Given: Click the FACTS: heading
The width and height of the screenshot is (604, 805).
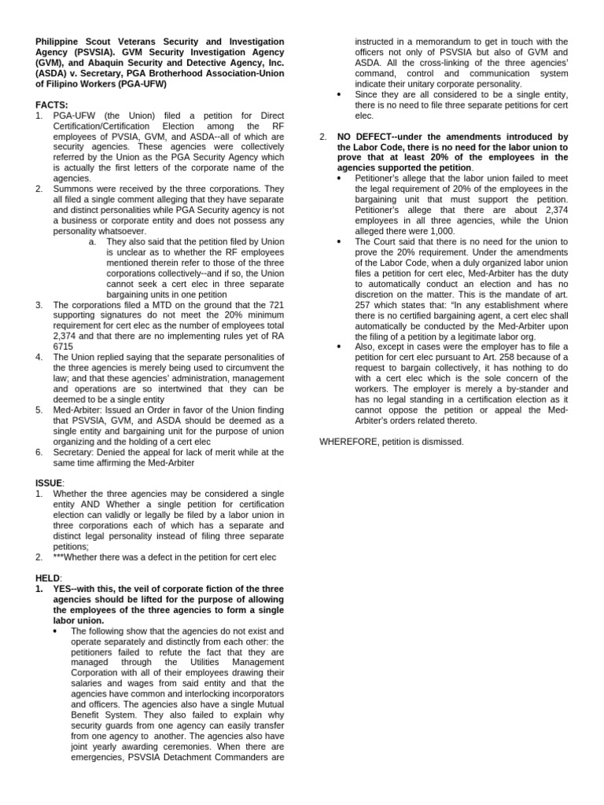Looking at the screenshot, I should [x=52, y=105].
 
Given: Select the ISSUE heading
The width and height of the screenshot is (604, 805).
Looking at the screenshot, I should [x=50, y=482].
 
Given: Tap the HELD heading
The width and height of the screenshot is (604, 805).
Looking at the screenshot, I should [x=48, y=578].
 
